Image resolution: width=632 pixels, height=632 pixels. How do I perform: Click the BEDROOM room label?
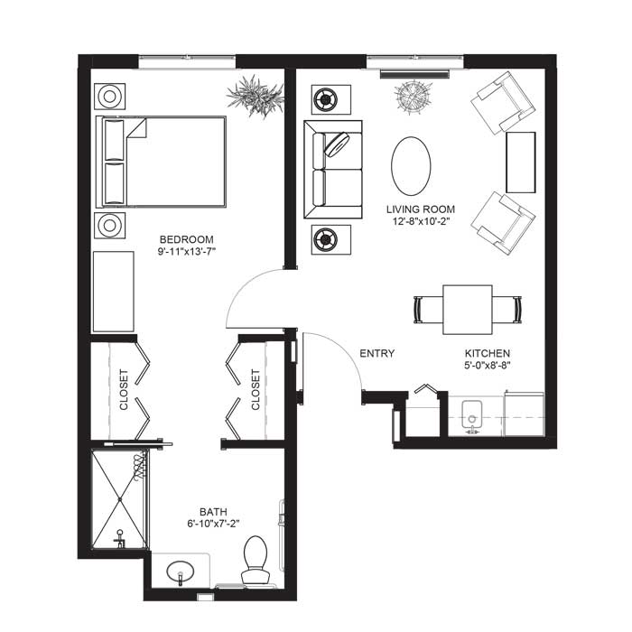tap(186, 239)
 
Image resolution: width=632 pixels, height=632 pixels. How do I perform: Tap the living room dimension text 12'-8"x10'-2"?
tap(421, 221)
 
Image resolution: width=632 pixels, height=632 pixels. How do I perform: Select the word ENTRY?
tap(376, 354)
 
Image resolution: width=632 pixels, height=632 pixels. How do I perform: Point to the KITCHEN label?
tap(488, 354)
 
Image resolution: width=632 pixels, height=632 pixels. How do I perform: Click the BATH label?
tap(213, 512)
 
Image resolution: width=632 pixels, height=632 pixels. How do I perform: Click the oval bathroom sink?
tap(181, 572)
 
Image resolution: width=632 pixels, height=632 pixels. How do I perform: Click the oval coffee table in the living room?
tap(411, 165)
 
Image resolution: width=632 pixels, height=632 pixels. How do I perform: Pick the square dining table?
tap(468, 310)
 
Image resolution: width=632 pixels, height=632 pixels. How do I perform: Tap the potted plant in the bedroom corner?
tap(255, 96)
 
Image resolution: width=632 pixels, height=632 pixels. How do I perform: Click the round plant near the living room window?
tap(413, 96)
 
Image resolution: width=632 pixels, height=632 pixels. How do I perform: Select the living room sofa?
tap(333, 170)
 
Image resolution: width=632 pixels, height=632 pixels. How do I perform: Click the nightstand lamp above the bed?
tap(109, 97)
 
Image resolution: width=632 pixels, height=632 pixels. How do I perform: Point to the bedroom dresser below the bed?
tap(113, 292)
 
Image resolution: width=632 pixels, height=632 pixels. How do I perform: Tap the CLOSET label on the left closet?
tap(124, 390)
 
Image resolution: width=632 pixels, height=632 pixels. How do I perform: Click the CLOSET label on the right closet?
tap(256, 390)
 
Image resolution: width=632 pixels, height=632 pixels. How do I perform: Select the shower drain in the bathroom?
tap(120, 500)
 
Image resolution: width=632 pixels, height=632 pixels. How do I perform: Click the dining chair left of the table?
tap(428, 310)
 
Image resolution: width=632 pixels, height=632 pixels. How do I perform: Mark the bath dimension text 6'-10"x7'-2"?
tap(213, 524)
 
